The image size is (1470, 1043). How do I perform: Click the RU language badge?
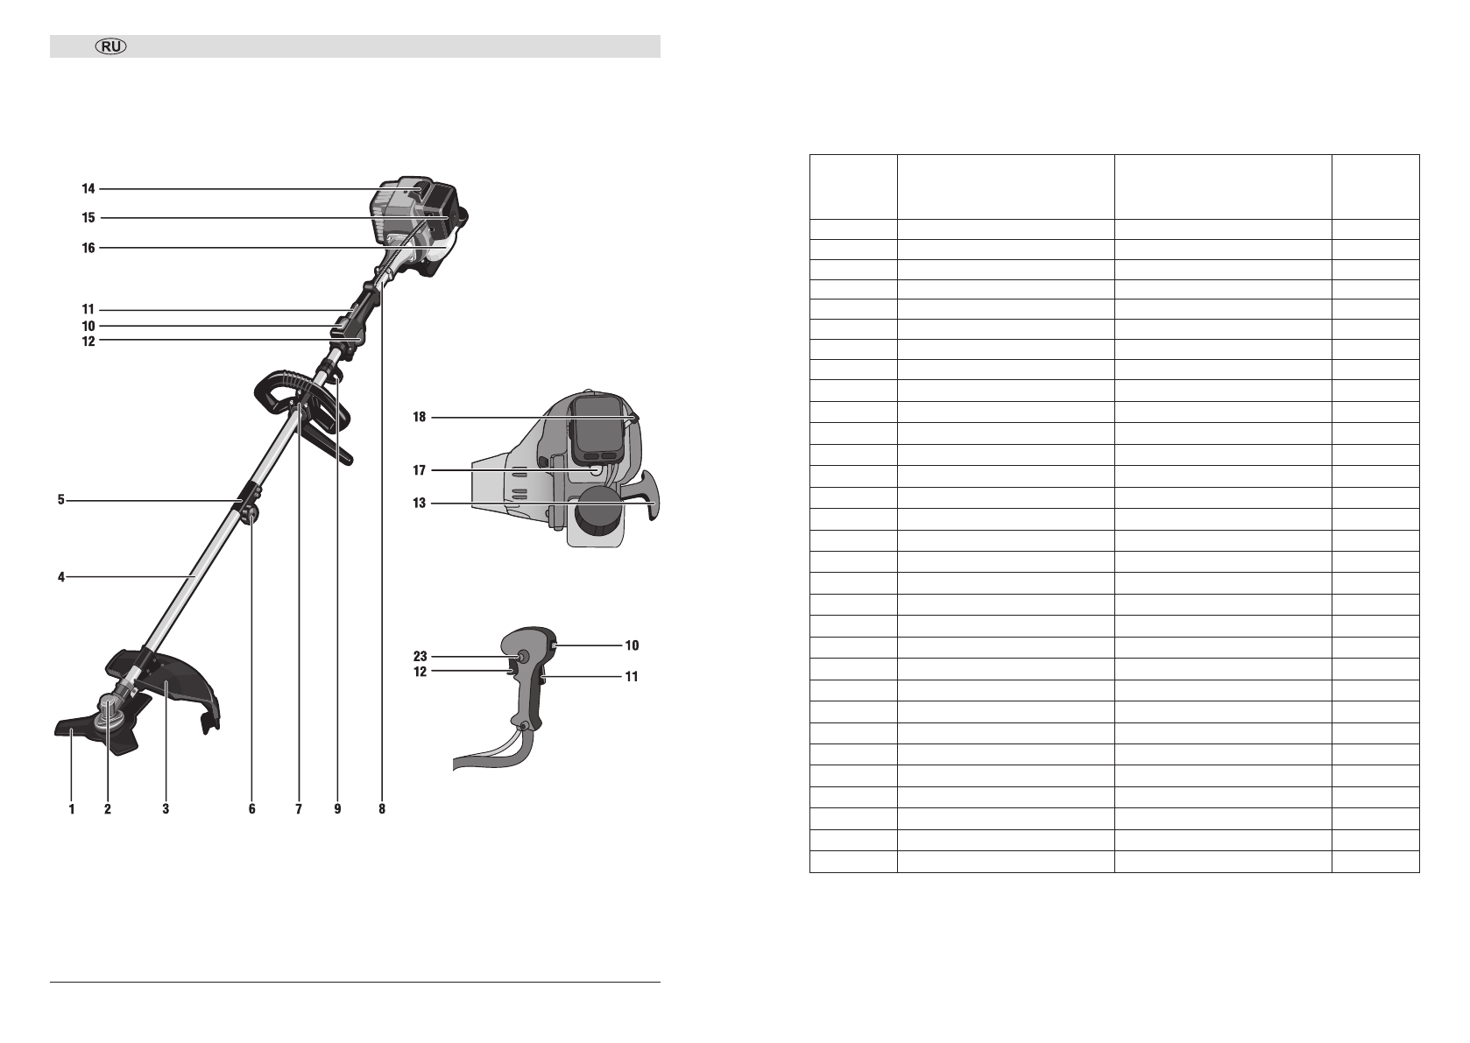point(111,46)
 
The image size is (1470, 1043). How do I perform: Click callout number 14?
point(88,189)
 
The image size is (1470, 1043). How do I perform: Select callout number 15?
point(88,218)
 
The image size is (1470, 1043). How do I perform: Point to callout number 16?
point(88,248)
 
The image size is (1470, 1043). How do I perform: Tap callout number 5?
point(61,500)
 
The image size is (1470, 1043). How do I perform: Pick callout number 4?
point(61,577)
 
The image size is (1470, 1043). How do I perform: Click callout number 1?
point(72,809)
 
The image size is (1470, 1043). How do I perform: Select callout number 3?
point(166,809)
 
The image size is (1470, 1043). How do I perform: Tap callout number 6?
point(252,809)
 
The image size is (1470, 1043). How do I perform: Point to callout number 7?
point(299,809)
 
